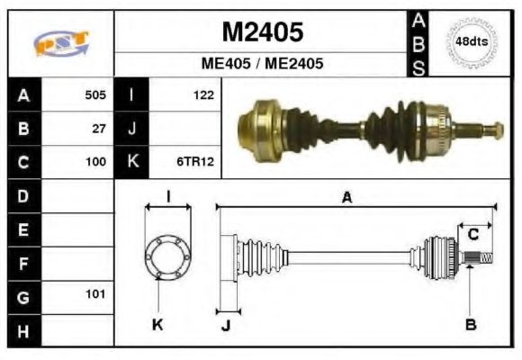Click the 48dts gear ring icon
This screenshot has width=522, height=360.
(x=472, y=42)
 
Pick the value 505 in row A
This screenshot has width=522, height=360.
(x=94, y=94)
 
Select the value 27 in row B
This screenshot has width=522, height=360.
(x=99, y=129)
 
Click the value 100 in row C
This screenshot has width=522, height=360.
(x=94, y=163)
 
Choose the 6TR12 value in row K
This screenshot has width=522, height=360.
(x=196, y=163)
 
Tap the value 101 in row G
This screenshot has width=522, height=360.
(x=94, y=294)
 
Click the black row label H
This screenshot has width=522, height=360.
(x=22, y=330)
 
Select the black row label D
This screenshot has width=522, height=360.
(x=22, y=195)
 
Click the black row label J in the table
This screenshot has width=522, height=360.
(x=131, y=129)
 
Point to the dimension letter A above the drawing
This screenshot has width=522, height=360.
(x=346, y=198)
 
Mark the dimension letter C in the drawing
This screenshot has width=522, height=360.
(x=472, y=235)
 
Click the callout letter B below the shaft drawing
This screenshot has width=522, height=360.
(x=470, y=325)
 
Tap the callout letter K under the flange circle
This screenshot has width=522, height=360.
(x=157, y=325)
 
